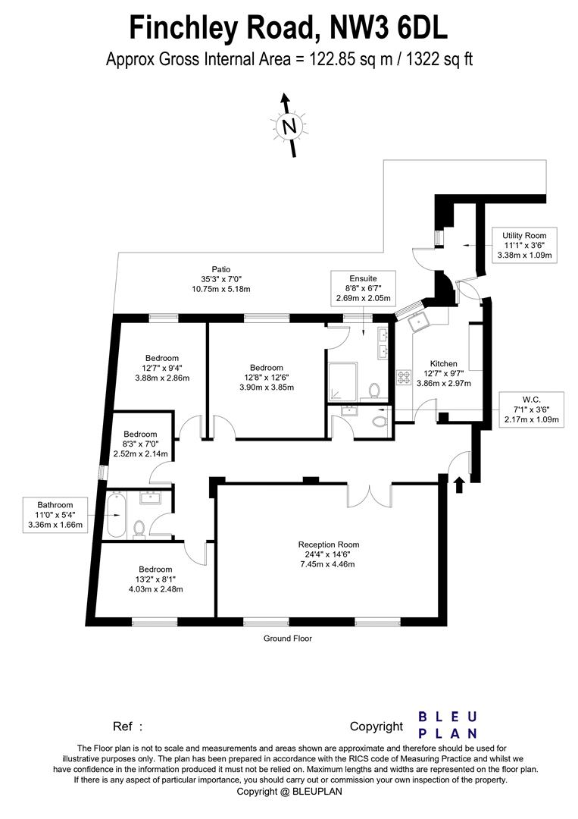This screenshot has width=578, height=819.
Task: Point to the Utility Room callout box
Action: tap(525, 246)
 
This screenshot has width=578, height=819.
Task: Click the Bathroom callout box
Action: tap(55, 514)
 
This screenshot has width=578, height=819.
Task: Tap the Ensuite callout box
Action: tap(362, 289)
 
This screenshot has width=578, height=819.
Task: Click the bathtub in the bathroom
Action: tap(116, 515)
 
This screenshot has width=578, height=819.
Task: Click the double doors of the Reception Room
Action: tap(369, 494)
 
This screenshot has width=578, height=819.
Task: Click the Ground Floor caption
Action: tap(287, 639)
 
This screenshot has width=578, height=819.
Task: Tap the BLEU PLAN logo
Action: tap(448, 725)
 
